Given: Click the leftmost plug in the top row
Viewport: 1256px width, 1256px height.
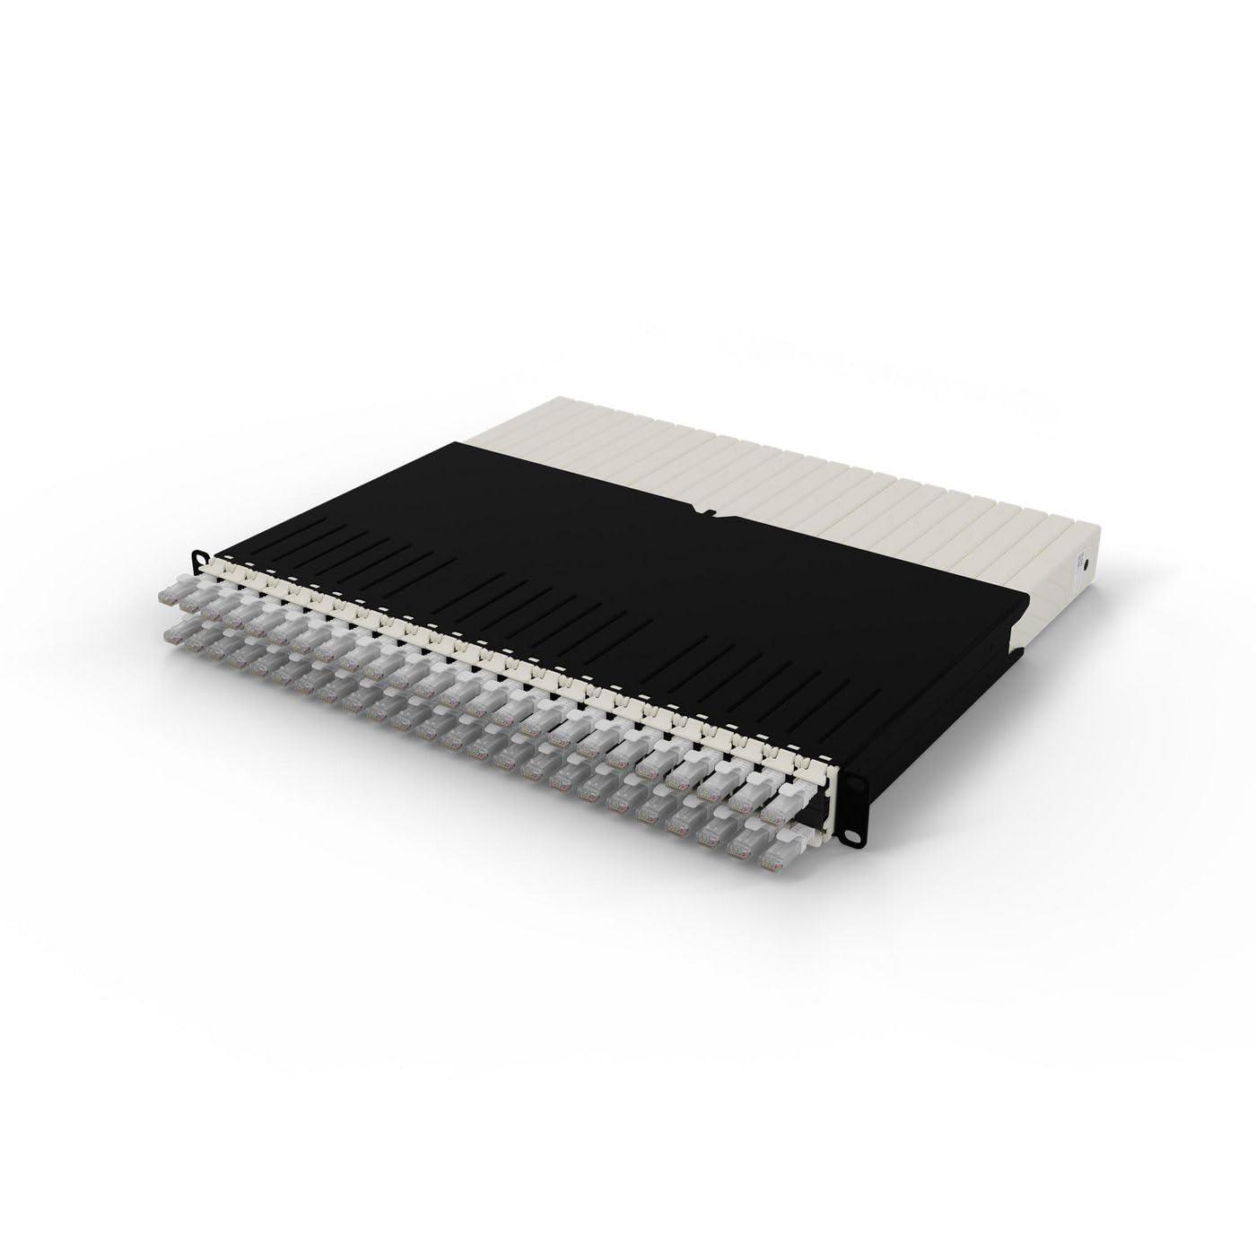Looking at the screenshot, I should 170,595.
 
